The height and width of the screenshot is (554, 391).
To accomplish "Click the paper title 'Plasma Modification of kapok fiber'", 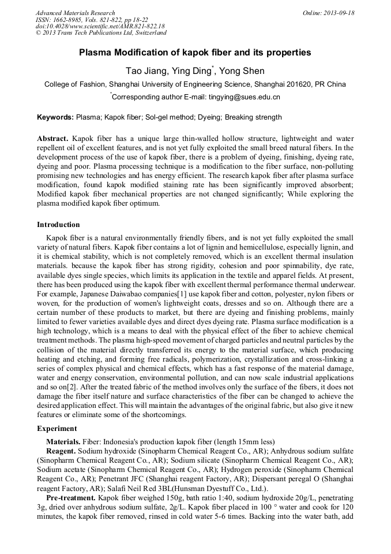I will click(x=195, y=53).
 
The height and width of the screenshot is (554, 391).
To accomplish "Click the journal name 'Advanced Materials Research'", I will click(x=75, y=13).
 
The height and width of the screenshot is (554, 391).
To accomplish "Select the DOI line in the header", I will click(x=100, y=27).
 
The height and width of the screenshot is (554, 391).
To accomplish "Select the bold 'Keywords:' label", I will click(x=55, y=117).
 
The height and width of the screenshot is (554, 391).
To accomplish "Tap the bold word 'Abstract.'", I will click(x=53, y=139).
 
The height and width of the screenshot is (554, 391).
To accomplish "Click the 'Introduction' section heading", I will click(x=59, y=224).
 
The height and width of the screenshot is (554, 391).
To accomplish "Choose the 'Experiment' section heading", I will click(x=57, y=429).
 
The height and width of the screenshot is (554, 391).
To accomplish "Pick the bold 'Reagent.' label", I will click(x=61, y=450).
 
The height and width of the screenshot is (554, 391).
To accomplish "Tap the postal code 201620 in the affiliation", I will click(x=297, y=84).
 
